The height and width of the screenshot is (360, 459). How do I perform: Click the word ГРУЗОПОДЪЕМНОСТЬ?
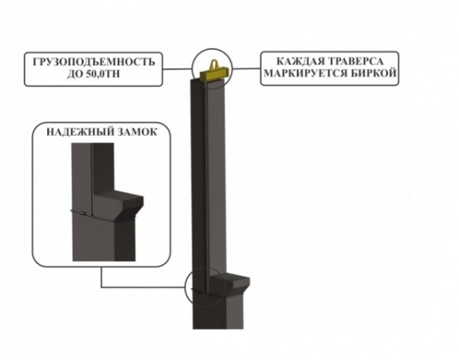click(x=94, y=62)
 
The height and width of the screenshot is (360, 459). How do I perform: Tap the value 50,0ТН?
click(x=103, y=74)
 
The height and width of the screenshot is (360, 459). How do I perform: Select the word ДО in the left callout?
click(x=75, y=74)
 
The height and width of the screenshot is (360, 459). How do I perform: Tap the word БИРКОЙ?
click(x=373, y=73)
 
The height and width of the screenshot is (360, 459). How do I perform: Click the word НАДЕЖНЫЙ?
click(x=80, y=132)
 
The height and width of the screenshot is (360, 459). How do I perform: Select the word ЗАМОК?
click(x=138, y=132)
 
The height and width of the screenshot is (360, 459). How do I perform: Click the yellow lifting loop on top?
click(x=214, y=64)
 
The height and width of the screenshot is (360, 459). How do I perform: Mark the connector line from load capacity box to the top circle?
click(x=177, y=69)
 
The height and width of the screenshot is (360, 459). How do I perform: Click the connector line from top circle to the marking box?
click(x=246, y=69)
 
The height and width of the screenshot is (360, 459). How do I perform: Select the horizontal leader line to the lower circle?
click(x=143, y=287)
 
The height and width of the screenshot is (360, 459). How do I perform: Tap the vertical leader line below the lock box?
click(x=101, y=277)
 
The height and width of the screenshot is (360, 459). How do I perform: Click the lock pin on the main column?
click(x=200, y=291)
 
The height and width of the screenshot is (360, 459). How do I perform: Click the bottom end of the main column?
click(x=218, y=328)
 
